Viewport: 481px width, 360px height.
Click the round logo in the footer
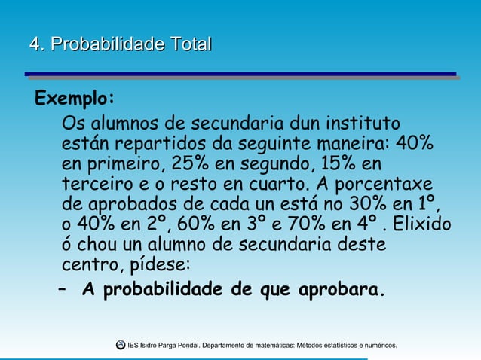121,345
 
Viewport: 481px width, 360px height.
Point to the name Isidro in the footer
158,346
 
